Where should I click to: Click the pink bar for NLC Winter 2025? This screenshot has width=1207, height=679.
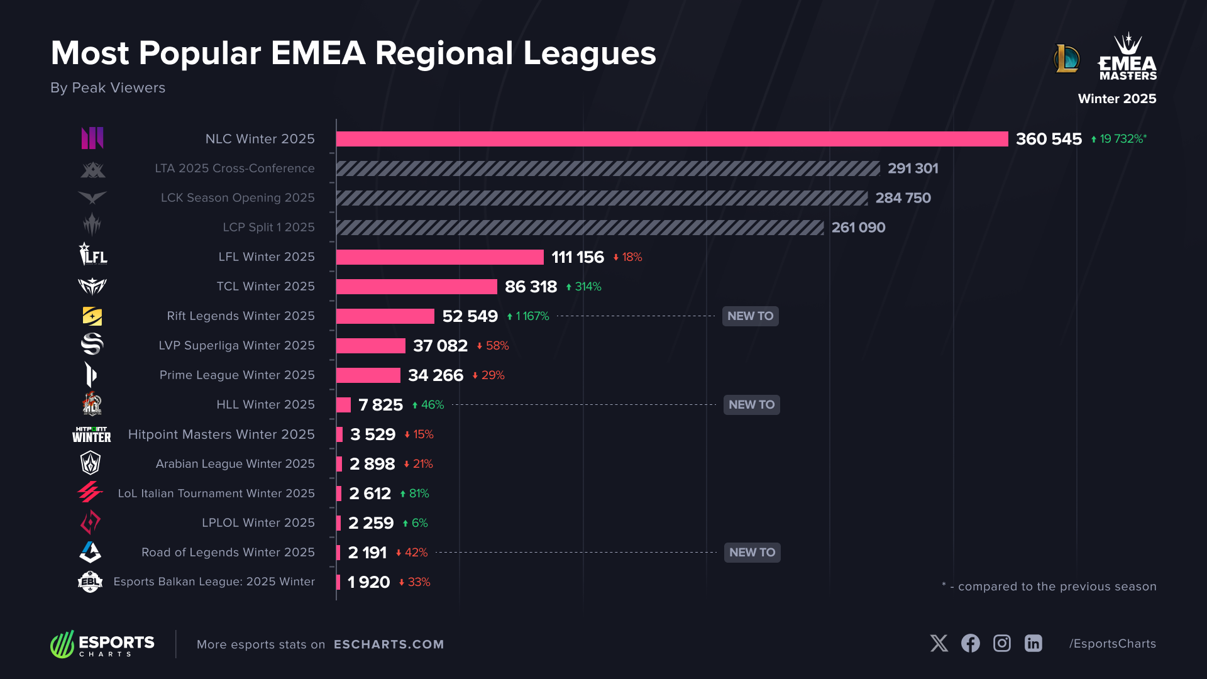tap(671, 139)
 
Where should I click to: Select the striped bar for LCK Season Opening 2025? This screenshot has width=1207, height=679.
tap(602, 198)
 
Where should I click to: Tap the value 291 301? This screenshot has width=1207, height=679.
tap(913, 168)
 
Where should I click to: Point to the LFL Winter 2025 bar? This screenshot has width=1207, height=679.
tap(439, 257)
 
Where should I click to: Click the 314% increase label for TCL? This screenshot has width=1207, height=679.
tap(584, 287)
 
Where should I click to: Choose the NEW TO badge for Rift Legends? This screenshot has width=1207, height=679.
tap(750, 316)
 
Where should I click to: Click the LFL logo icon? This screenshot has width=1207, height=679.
tap(93, 255)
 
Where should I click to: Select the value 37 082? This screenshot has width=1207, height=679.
tap(440, 346)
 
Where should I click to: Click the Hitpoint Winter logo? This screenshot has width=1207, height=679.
tap(92, 434)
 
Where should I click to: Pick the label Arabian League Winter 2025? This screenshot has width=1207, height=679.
tap(235, 464)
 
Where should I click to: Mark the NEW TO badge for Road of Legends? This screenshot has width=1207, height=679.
tap(752, 553)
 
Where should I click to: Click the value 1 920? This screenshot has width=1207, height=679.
tap(368, 582)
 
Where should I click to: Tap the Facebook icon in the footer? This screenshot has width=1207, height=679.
tap(970, 643)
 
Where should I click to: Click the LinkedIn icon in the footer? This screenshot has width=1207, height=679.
tap(1033, 643)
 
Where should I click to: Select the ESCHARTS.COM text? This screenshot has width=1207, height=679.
tap(389, 644)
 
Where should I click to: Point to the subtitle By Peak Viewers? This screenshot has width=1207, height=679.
tap(107, 88)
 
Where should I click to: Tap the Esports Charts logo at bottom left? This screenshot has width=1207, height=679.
tap(102, 644)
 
